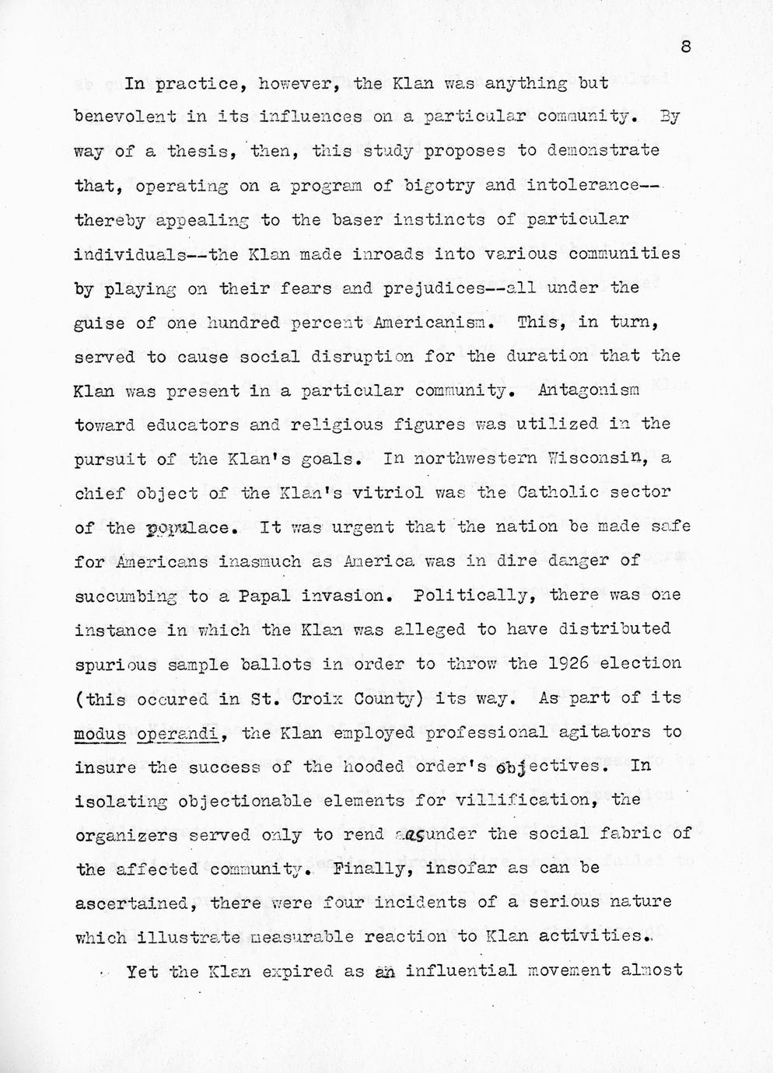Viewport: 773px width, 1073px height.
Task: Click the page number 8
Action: click(685, 47)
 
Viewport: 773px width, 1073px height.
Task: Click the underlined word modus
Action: click(100, 732)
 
